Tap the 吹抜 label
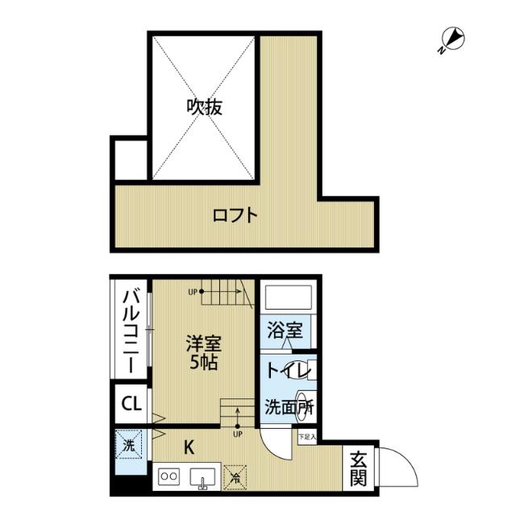pyautogui.click(x=205, y=106)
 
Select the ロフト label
pyautogui.click(x=235, y=215)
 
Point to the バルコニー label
pyautogui.click(x=129, y=331)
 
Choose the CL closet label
pyautogui.click(x=130, y=402)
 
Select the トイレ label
pyautogui.click(x=283, y=371)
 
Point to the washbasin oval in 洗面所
pyautogui.click(x=305, y=400)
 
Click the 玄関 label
pyautogui.click(x=359, y=468)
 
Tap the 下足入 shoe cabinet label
pyautogui.click(x=307, y=438)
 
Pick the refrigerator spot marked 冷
pyautogui.click(x=236, y=477)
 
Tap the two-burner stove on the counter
pyautogui.click(x=170, y=476)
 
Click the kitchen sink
pyautogui.click(x=202, y=477)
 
